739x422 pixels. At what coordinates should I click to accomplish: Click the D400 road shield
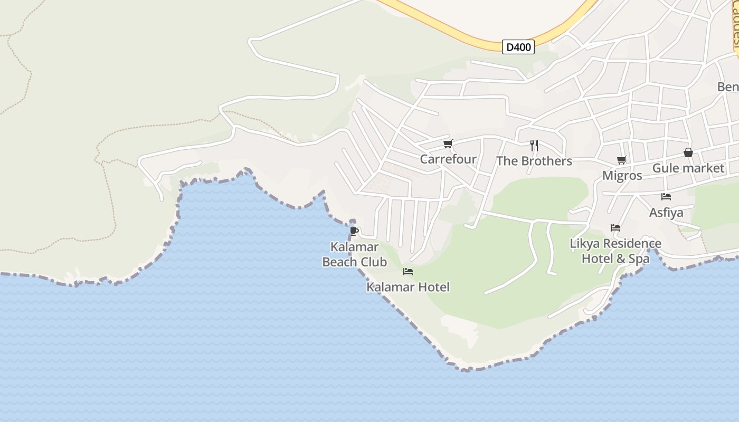(x=518, y=47)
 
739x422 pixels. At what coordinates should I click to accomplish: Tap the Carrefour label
(x=448, y=159)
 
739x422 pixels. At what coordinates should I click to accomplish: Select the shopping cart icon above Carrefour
(x=448, y=143)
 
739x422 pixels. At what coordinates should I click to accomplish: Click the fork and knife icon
(x=534, y=145)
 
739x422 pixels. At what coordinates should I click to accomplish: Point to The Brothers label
(x=534, y=161)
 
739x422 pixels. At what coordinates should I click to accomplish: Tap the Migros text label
(x=622, y=176)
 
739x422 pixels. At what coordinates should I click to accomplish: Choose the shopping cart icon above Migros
(x=622, y=160)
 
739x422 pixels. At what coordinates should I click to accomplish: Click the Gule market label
(x=688, y=168)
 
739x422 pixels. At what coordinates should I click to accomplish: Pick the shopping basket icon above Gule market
(x=688, y=152)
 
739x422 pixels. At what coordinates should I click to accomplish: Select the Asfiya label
(x=666, y=213)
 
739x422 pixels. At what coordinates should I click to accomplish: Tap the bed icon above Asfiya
(x=666, y=197)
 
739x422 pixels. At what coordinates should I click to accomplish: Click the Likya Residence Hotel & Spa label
(x=615, y=251)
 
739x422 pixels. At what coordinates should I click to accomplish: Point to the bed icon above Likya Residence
(x=615, y=228)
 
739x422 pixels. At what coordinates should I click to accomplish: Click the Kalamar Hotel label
(x=408, y=287)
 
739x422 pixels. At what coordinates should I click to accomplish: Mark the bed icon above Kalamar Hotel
(x=408, y=272)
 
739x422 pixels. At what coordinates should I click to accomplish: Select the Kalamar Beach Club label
(x=355, y=254)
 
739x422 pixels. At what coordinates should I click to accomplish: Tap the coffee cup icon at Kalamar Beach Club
(x=354, y=231)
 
